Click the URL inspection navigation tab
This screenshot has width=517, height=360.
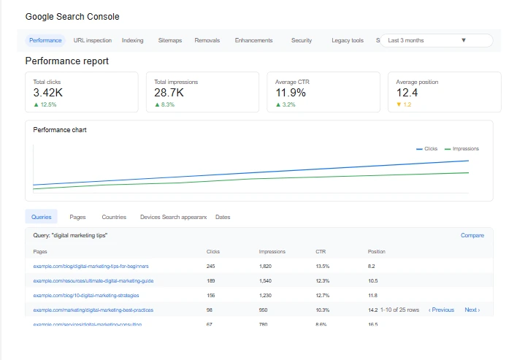point(93,41)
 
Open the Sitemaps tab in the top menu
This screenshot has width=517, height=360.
point(170,41)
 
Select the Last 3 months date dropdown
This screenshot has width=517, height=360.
point(436,41)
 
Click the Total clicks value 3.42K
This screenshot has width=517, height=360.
point(48,93)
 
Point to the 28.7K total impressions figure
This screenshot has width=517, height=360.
point(169,93)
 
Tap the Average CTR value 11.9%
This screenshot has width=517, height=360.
point(291,93)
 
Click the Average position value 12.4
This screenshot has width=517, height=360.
point(407,93)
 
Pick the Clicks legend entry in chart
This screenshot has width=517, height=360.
point(427,149)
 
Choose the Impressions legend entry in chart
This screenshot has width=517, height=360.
point(462,149)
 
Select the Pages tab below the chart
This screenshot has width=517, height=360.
point(78,217)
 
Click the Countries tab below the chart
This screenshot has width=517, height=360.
point(114,217)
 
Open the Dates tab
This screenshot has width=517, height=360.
point(223,217)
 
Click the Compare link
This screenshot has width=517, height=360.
point(472,236)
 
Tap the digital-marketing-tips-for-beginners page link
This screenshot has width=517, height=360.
point(91,266)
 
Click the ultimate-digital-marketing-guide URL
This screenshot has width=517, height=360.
point(93,280)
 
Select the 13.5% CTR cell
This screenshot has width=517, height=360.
point(323,266)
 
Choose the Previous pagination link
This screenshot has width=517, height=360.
point(442,310)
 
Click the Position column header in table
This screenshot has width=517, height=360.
point(377,252)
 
